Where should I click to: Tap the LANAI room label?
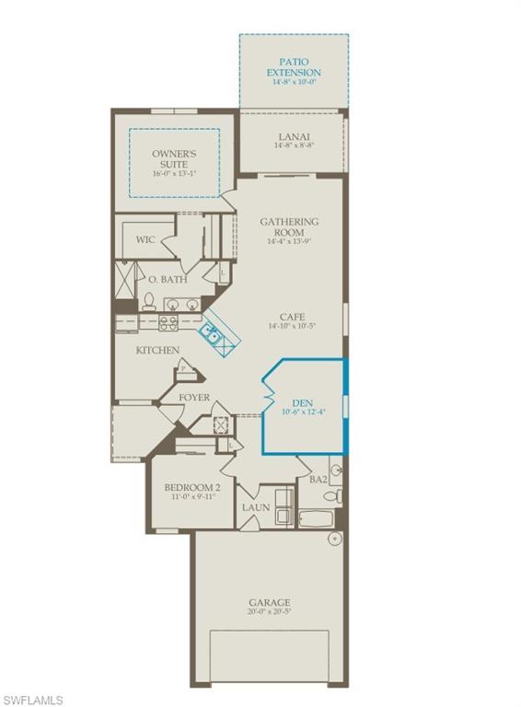(x=294, y=136)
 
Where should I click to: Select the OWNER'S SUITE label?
(x=175, y=158)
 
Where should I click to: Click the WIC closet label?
(x=145, y=239)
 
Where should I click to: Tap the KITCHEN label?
(x=157, y=350)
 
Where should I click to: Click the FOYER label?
(x=194, y=398)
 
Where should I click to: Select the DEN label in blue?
(x=303, y=402)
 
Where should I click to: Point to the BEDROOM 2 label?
(x=192, y=487)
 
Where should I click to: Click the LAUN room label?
(x=255, y=507)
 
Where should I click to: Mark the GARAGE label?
(x=268, y=602)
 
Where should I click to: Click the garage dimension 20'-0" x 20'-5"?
(x=268, y=613)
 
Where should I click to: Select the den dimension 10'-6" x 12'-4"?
(x=303, y=412)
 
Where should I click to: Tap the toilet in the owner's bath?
(x=149, y=300)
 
